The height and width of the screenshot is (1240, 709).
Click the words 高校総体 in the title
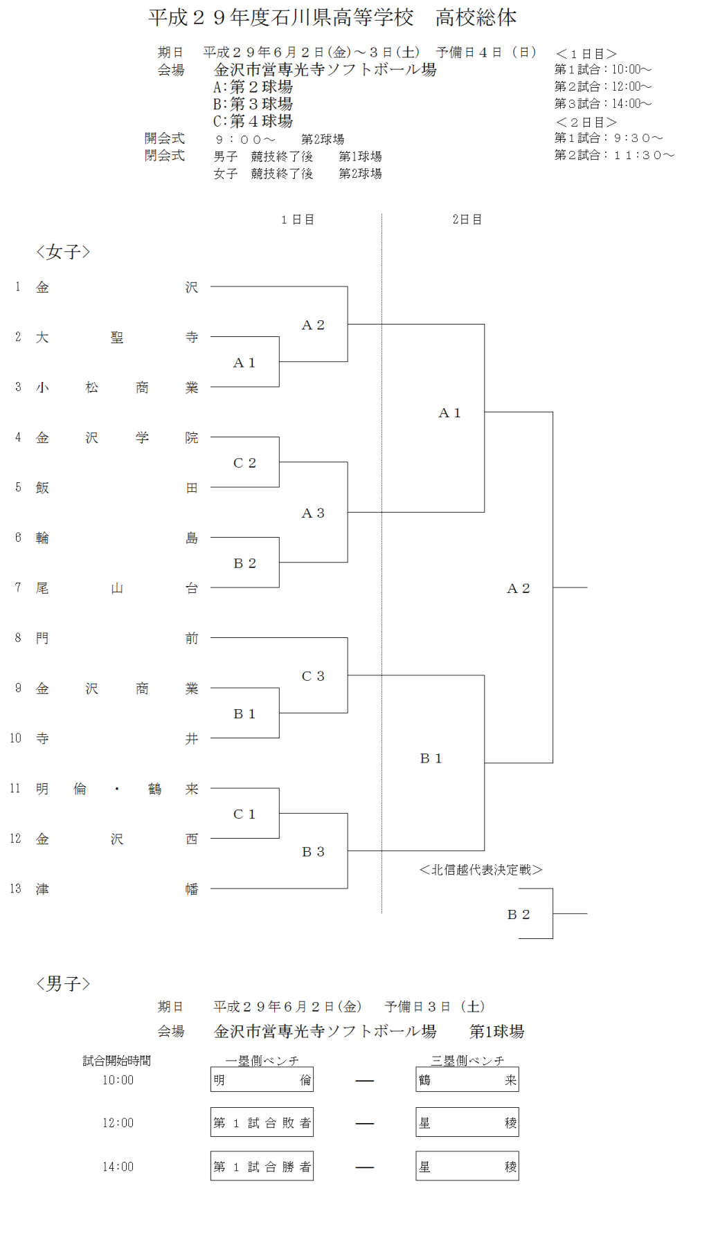click(476, 18)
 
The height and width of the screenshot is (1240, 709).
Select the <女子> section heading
click(63, 252)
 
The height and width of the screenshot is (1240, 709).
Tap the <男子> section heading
click(63, 983)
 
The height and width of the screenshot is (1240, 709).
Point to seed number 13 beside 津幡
click(15, 888)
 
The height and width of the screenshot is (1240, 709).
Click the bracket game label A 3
click(313, 513)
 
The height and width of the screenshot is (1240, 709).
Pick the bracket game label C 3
click(313, 676)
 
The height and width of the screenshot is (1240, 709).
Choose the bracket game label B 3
click(313, 852)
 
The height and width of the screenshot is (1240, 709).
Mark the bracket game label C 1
click(244, 814)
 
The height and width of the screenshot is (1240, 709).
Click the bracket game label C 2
click(244, 463)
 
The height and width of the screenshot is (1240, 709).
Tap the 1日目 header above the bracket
click(298, 219)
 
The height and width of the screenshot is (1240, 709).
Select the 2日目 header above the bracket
click(467, 219)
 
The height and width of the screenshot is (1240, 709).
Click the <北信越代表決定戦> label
click(481, 870)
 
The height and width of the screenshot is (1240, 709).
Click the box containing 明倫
click(262, 1079)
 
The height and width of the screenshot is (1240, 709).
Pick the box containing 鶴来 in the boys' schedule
click(467, 1079)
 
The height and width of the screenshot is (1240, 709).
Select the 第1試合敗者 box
click(262, 1122)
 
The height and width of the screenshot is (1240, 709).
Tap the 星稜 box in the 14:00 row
click(467, 1167)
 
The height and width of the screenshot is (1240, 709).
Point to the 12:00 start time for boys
click(118, 1123)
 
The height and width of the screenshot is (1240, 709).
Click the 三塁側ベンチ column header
click(467, 1060)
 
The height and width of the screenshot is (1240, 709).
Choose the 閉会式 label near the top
click(165, 156)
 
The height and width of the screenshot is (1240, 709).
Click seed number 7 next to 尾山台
click(18, 587)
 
